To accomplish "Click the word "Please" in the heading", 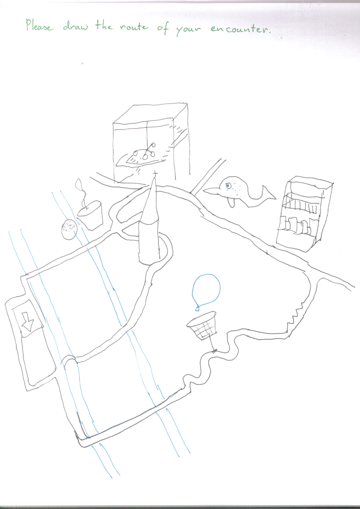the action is click(x=39, y=25).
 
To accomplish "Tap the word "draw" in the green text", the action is click(x=75, y=26).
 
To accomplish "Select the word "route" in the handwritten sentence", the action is click(x=134, y=27).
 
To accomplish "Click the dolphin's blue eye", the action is click(x=228, y=186).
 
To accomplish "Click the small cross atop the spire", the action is click(x=155, y=174).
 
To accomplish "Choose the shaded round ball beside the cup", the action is click(x=69, y=229).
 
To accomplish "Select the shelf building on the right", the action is click(x=305, y=214).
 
